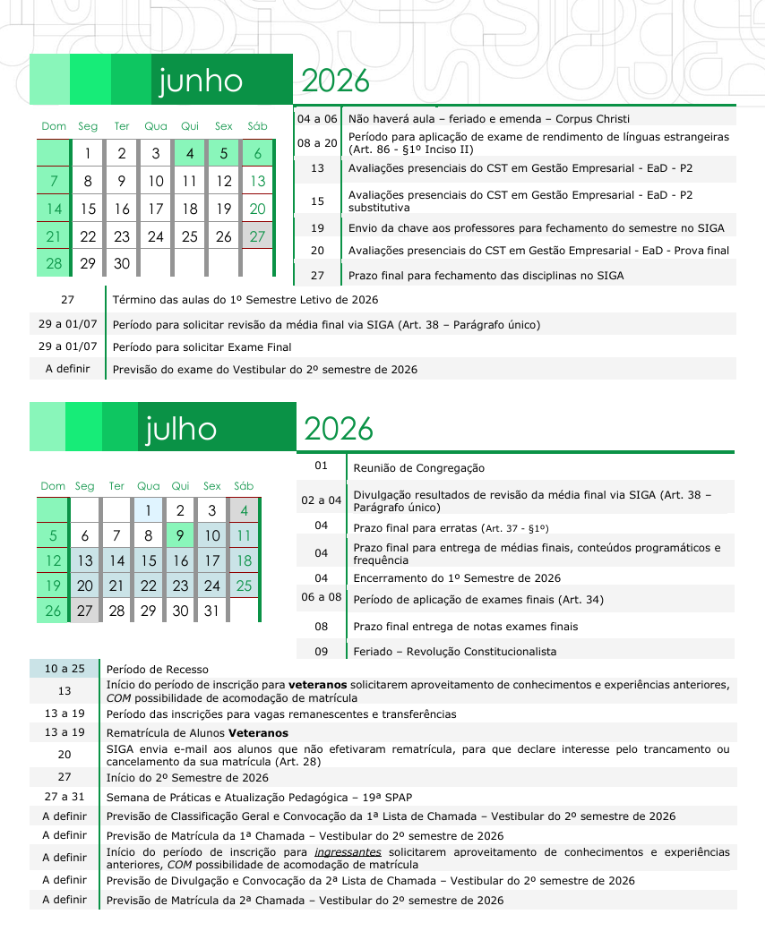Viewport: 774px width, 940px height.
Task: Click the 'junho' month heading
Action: (201, 81)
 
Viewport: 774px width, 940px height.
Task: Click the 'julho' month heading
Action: (181, 429)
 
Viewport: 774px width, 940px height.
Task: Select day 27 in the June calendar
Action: (258, 236)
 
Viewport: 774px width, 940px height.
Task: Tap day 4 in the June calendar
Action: (190, 154)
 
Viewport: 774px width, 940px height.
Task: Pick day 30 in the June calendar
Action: (122, 264)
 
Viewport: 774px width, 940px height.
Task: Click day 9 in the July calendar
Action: (180, 536)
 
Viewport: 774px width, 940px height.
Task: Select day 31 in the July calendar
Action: (211, 611)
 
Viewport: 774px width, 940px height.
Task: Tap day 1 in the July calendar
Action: (148, 511)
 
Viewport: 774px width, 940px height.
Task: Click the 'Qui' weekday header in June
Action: (190, 126)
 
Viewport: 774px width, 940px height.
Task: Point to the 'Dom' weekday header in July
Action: (53, 486)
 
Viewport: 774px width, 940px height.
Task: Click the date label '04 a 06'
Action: (317, 118)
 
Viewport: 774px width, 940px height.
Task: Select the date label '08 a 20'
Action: (317, 143)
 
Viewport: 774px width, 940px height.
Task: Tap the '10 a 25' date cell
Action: (64, 669)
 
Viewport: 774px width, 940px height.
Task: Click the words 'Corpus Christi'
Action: (592, 118)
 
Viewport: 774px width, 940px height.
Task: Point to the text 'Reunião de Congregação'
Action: (418, 467)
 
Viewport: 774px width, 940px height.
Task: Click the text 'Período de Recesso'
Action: (157, 669)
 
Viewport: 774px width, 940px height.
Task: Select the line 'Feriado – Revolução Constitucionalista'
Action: (454, 651)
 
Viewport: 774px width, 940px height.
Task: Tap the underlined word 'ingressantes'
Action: (348, 851)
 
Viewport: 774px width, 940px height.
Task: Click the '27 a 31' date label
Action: (64, 796)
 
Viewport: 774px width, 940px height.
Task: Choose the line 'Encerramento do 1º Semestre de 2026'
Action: (457, 578)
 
